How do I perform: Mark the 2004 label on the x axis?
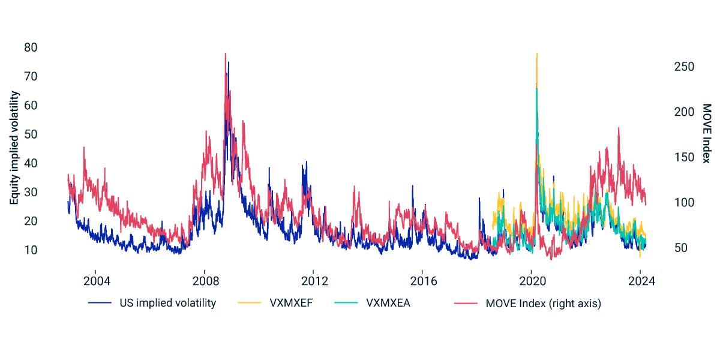click(97, 281)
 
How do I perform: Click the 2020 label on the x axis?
click(532, 281)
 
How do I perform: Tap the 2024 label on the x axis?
click(640, 281)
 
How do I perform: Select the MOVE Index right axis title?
click(706, 137)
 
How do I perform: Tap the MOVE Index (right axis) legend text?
click(543, 304)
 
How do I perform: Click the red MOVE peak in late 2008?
click(225, 53)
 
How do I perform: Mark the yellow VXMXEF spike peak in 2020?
click(536, 53)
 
